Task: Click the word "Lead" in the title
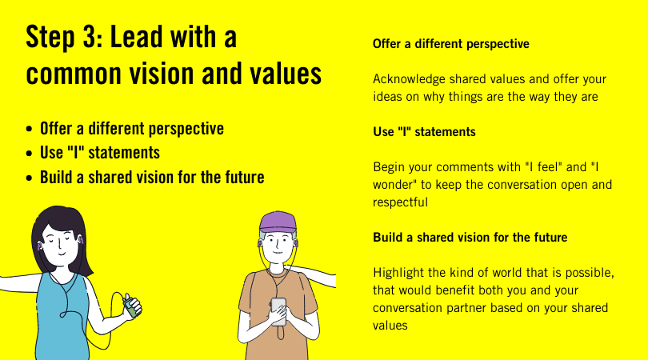coord(135,37)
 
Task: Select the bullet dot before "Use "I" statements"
coord(29,154)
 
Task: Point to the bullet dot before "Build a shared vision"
coord(29,178)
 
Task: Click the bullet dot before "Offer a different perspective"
coord(29,130)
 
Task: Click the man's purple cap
coord(278,222)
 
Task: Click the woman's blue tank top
coord(62,318)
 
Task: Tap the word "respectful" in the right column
coord(400,202)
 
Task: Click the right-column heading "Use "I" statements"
coord(424,132)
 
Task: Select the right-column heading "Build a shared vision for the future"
coord(470,238)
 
